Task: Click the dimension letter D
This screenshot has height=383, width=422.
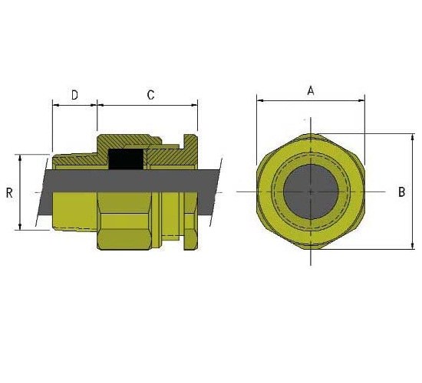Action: point(74,95)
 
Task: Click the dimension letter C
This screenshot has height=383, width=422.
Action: point(150,95)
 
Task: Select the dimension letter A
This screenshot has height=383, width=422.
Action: point(311,91)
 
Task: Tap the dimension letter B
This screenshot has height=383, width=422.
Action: point(401,192)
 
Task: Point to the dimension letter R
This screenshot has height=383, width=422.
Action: point(9,193)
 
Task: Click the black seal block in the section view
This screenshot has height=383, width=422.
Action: point(126,159)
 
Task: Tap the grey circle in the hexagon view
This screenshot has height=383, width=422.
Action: point(311,191)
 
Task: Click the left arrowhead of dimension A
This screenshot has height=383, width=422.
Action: point(260,101)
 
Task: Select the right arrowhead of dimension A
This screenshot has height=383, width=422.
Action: point(361,101)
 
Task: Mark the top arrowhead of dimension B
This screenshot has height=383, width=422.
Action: point(413,137)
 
